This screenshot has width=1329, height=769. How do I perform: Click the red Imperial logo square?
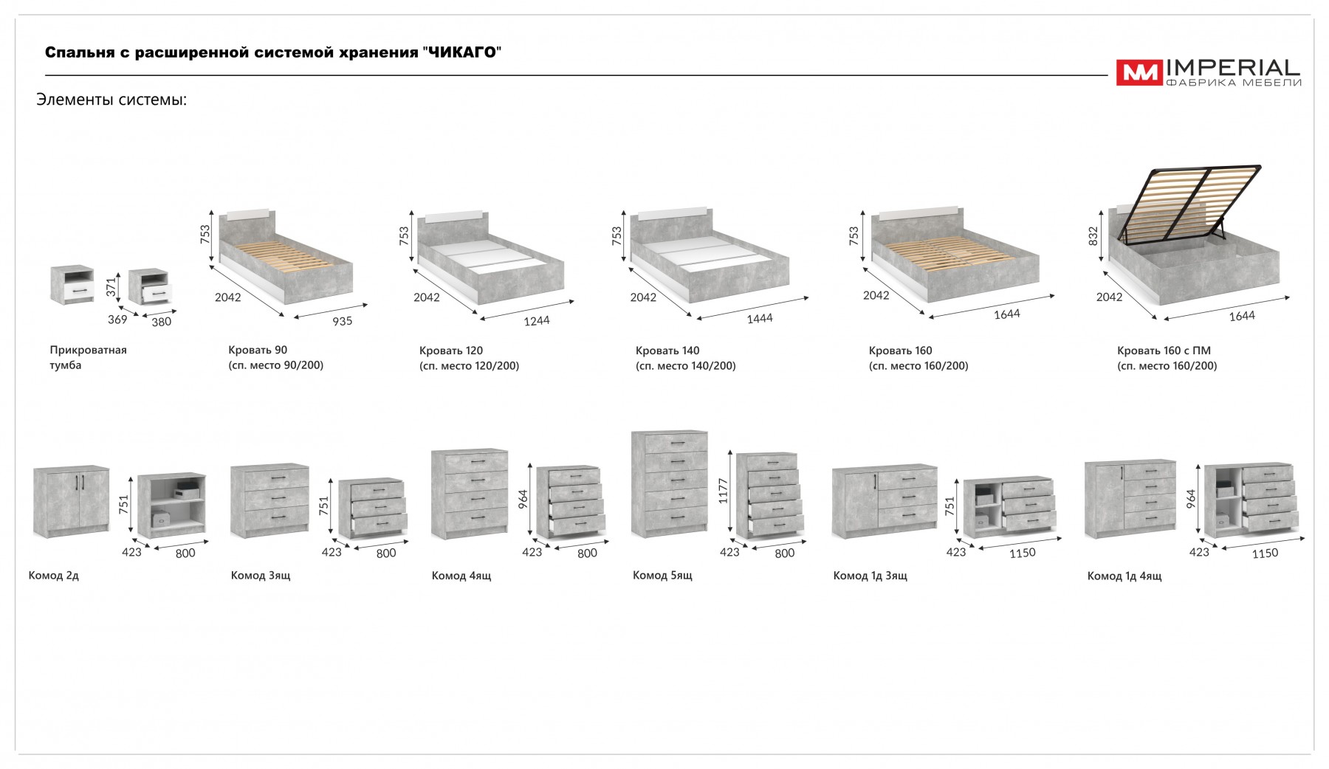point(1139,72)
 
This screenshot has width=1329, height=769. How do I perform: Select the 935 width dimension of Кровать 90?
point(342,321)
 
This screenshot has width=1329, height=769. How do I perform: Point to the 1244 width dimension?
point(537,321)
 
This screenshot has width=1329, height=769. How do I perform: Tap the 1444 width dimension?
point(760,318)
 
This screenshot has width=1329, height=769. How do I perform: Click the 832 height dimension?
point(1093,235)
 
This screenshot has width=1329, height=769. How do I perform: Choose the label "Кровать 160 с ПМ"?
point(1164,351)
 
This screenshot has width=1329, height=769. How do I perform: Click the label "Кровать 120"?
point(451,351)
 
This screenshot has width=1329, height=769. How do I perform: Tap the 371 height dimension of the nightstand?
point(111,287)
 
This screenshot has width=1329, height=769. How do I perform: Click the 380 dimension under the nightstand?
point(161,322)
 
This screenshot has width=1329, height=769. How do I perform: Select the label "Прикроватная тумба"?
point(88,357)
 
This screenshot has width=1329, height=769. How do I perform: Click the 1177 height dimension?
point(723,491)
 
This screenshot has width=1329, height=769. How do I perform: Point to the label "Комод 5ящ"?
point(662,575)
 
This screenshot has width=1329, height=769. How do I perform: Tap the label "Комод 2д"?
point(54,575)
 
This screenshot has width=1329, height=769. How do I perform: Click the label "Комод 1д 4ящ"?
point(1124,576)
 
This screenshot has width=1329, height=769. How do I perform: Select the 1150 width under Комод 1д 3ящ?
point(1022,553)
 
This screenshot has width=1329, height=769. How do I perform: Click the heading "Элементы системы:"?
point(111,100)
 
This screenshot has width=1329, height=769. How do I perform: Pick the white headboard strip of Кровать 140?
point(672,213)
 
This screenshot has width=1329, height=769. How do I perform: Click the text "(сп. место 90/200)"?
point(276,365)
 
